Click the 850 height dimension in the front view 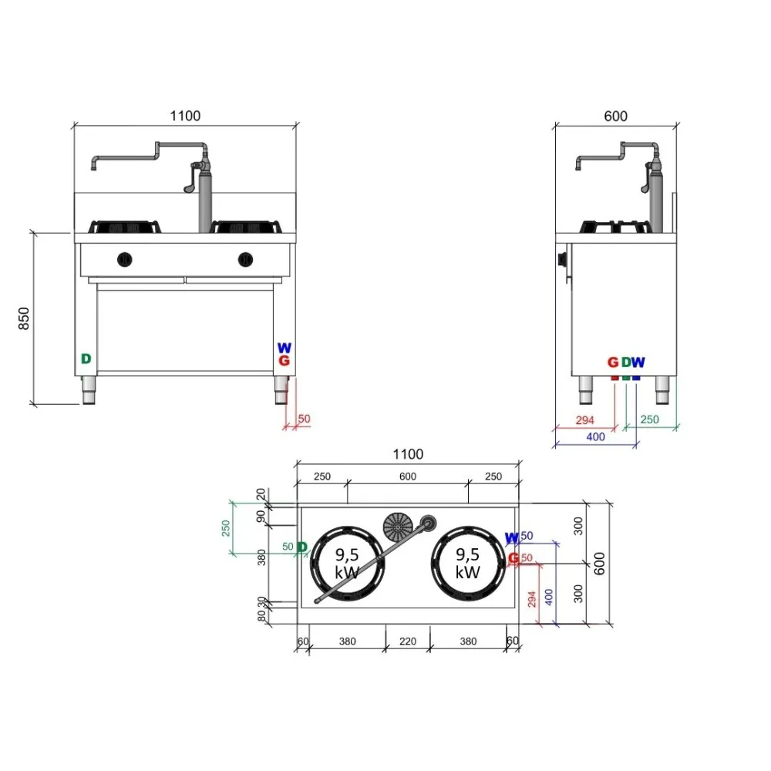[x=24, y=318]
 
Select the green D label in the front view [x=86, y=359]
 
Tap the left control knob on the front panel [x=125, y=259]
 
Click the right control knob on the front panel [x=245, y=259]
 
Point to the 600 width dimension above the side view [x=615, y=116]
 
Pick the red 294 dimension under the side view [x=586, y=420]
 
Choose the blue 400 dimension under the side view [x=595, y=437]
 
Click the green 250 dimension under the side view [x=649, y=420]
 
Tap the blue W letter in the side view [x=638, y=362]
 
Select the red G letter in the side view [x=613, y=362]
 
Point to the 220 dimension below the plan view [x=408, y=641]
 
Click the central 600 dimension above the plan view [x=408, y=476]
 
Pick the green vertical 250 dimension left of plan [x=226, y=528]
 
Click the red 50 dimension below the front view [x=304, y=419]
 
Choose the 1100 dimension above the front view [x=185, y=116]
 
